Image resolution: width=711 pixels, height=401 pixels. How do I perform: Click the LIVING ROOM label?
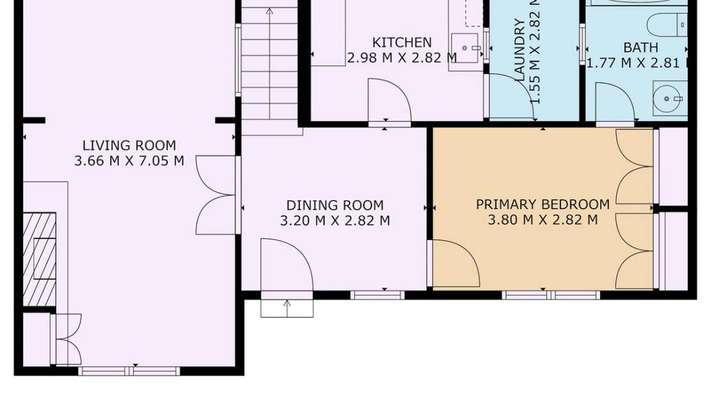point(129,145)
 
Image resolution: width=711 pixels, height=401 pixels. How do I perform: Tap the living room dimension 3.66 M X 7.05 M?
point(129,161)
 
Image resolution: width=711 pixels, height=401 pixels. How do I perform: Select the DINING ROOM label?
point(334,206)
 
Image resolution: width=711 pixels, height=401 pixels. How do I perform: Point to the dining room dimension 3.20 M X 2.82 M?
point(334,221)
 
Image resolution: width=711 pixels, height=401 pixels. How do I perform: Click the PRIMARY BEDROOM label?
point(543,204)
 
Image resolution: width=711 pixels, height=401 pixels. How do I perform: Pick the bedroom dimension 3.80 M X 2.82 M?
point(543,220)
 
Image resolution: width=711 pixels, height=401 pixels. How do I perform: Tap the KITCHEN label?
point(402,43)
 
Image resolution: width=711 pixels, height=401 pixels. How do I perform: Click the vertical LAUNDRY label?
point(520,50)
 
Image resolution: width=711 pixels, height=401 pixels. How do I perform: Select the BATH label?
point(640,47)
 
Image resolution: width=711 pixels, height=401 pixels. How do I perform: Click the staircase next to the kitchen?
point(269,64)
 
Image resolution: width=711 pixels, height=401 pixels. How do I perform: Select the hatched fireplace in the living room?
point(39,259)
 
